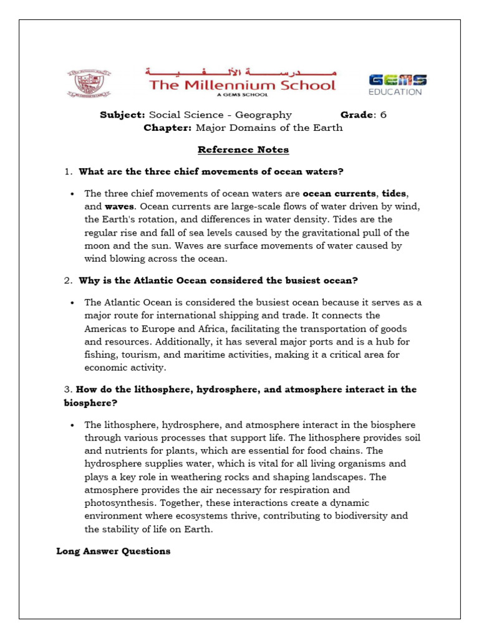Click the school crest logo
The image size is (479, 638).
click(86, 83)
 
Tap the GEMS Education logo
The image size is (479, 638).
click(398, 85)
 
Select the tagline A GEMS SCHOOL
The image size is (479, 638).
click(241, 95)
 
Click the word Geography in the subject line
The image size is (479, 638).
click(266, 115)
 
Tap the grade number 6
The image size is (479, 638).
click(383, 115)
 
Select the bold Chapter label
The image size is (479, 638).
click(168, 128)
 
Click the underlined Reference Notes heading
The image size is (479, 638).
click(243, 150)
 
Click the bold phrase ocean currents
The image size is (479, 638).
click(339, 193)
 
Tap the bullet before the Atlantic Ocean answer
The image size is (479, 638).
click(73, 302)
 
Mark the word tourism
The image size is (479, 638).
click(135, 355)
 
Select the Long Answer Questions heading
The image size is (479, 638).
click(113, 551)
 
